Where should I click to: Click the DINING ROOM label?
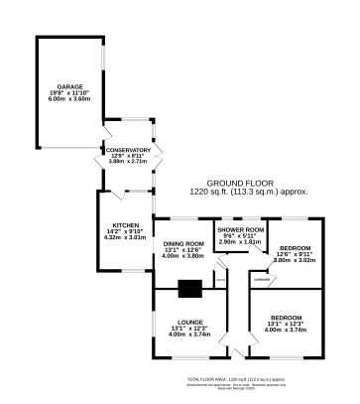[183, 243]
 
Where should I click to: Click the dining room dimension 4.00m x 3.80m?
[183, 257]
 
